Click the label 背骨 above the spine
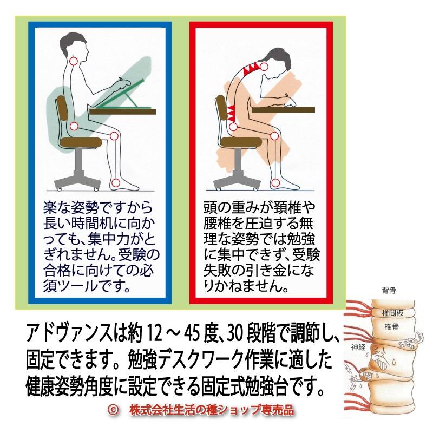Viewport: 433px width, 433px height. [388, 291]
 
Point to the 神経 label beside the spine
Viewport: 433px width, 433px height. [359, 347]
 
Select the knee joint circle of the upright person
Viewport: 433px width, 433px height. [114, 136]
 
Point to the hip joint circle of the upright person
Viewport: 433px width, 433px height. [75, 128]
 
